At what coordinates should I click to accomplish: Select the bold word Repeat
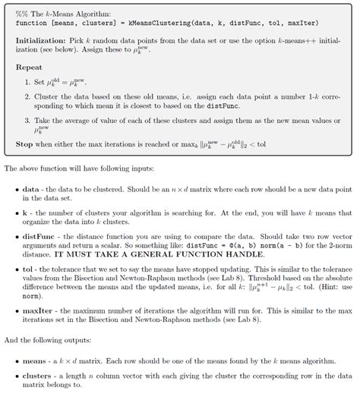(29, 67)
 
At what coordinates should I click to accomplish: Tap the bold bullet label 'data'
(30, 187)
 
